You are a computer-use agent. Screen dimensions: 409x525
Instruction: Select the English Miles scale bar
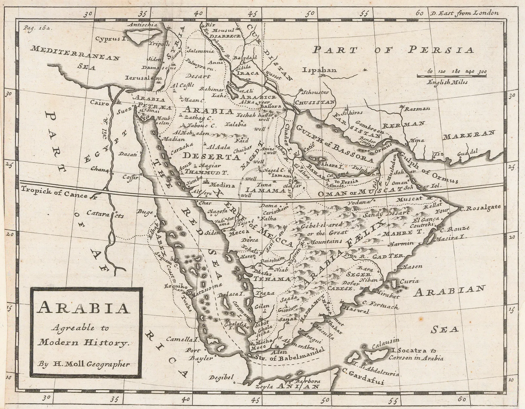(452, 76)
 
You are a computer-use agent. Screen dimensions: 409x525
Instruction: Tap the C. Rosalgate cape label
(480, 207)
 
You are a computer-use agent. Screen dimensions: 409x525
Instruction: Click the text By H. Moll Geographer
(84, 364)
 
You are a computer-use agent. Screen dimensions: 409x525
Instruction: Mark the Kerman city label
(418, 109)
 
